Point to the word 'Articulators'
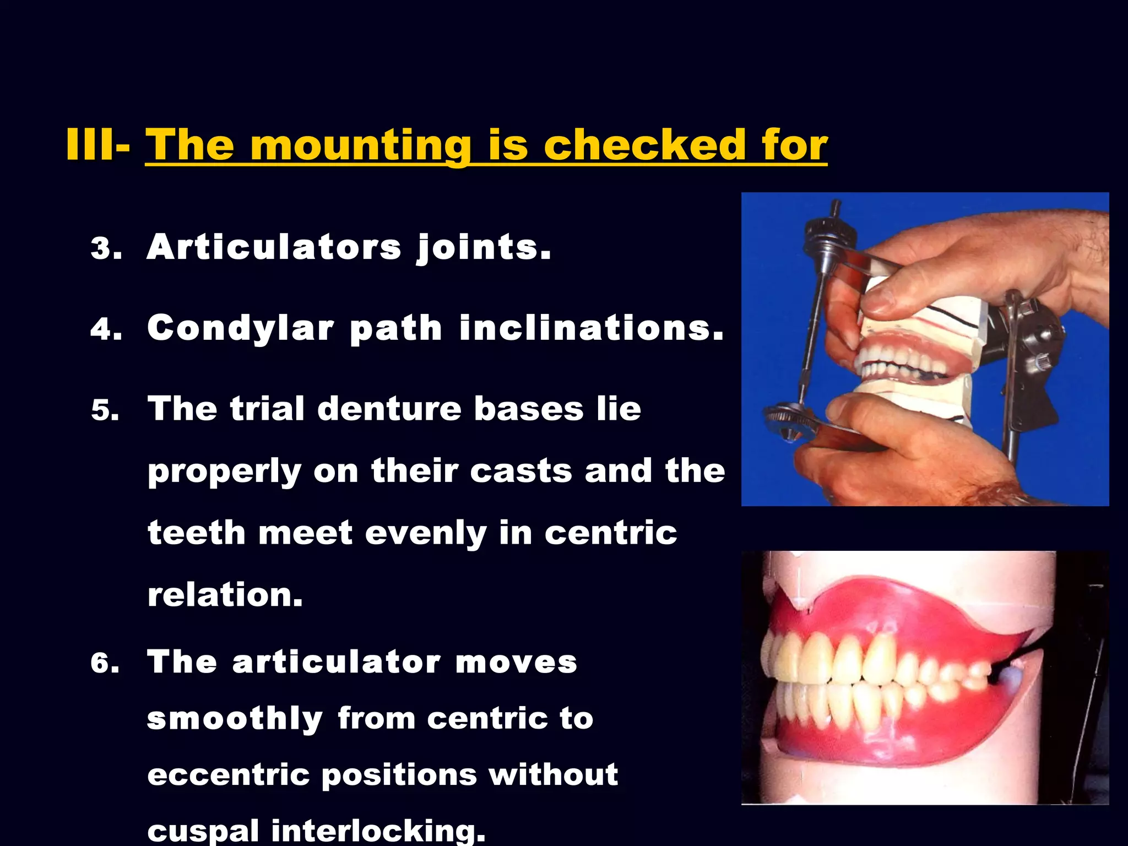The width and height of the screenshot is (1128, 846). [x=274, y=247]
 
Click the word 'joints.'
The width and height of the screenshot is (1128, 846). [x=484, y=248]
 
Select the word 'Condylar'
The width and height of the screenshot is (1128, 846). [x=241, y=329]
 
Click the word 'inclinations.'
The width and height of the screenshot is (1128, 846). [x=591, y=328]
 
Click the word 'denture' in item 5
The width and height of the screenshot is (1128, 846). [x=389, y=409]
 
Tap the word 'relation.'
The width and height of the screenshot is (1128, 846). [x=225, y=595]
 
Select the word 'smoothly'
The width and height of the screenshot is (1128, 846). [x=235, y=719]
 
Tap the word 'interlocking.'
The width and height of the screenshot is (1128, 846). [x=378, y=831]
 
